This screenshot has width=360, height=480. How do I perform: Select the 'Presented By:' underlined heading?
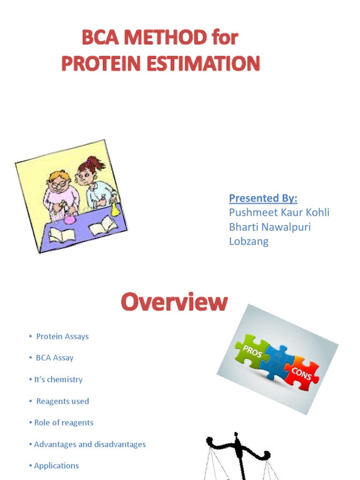click(x=263, y=198)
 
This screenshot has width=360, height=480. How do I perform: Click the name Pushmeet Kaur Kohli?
click(x=279, y=212)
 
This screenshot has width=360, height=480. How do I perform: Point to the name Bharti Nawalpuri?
click(x=270, y=227)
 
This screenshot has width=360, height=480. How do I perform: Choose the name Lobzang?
click(x=248, y=241)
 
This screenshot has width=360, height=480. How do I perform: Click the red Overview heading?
click(x=174, y=303)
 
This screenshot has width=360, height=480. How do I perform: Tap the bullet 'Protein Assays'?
click(x=62, y=337)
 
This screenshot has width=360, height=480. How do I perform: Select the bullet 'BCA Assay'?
click(x=55, y=358)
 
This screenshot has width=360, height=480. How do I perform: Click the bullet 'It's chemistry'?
click(x=59, y=380)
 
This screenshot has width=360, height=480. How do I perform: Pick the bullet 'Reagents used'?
click(x=62, y=401)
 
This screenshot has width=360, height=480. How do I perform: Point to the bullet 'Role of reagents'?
click(x=64, y=423)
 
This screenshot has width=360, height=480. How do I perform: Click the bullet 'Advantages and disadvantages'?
click(x=90, y=444)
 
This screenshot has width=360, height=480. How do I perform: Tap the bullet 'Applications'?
click(x=56, y=466)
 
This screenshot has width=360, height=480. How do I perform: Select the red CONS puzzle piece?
click(x=301, y=373)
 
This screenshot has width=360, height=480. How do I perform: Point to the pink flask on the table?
click(x=69, y=218)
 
